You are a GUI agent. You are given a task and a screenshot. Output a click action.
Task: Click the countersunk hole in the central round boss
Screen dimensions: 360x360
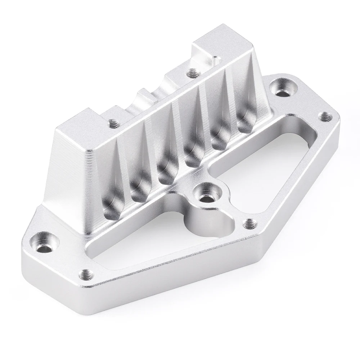[x=205, y=197]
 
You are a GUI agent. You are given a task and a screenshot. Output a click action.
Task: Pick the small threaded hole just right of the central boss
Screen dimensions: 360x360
[x=248, y=224]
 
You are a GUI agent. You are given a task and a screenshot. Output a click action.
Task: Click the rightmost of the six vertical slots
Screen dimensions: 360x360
[x=245, y=115]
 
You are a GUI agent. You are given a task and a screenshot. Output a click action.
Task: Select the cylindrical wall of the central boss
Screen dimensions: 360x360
[x=196, y=220]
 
